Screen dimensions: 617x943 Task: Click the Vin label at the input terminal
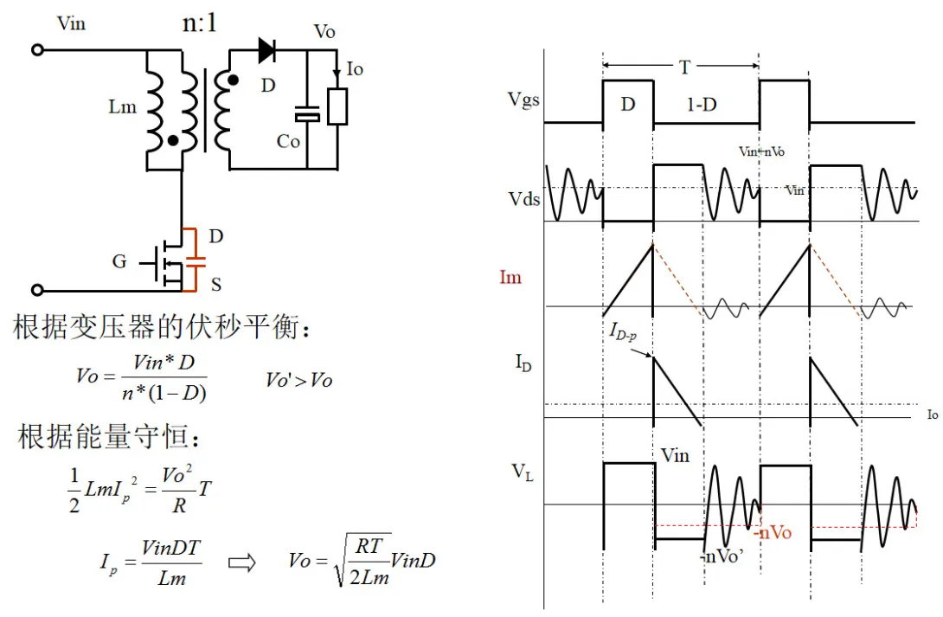72,23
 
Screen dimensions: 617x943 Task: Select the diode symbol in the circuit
266,50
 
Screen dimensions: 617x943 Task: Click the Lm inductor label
122,106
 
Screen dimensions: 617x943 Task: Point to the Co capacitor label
288,141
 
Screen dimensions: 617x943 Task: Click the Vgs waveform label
524,100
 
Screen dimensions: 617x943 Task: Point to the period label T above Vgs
685,67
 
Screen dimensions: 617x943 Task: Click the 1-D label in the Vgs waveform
702,105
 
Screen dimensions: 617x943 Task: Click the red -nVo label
772,532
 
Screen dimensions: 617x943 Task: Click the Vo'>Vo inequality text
298,380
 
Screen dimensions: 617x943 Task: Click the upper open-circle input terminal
37,50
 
